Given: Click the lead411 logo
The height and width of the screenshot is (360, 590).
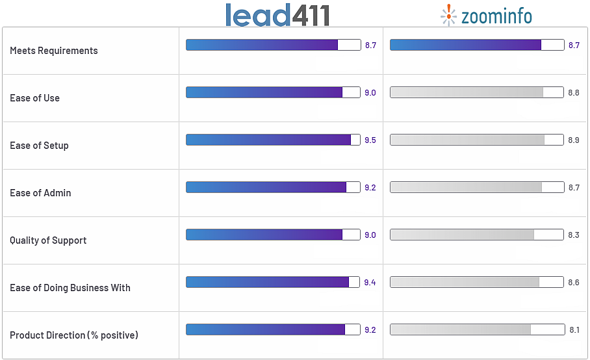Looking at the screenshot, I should (x=277, y=15).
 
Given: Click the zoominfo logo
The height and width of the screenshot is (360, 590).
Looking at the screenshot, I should (x=486, y=15).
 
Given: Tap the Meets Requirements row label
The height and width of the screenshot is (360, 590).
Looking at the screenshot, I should (x=54, y=51).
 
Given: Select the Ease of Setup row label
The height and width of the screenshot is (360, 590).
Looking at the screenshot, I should (x=39, y=146).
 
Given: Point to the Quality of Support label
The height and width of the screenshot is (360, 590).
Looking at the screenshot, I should (x=48, y=240).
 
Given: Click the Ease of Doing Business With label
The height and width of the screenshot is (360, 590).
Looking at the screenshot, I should (x=70, y=288).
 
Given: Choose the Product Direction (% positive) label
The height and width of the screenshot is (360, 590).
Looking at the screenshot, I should (x=74, y=335).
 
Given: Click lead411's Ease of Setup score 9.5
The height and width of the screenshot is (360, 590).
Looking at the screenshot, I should (x=370, y=140).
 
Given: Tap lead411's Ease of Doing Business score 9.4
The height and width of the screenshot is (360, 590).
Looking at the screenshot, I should (x=370, y=283).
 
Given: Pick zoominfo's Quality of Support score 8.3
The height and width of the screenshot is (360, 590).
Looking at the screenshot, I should (x=573, y=235).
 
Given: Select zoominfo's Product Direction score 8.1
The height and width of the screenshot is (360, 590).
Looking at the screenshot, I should (x=574, y=330).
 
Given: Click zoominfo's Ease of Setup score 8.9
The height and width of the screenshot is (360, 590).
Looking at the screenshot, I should (x=573, y=140).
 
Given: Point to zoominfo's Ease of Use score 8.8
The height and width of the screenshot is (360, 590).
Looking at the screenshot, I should (x=573, y=93).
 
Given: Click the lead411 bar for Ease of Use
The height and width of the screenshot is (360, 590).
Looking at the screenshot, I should (x=273, y=92).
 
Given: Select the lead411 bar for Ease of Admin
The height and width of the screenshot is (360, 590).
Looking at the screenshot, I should (x=273, y=187).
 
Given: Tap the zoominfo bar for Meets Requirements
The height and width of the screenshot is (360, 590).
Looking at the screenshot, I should (x=477, y=45).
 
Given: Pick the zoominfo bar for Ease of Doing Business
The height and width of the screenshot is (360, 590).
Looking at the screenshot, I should (x=477, y=282).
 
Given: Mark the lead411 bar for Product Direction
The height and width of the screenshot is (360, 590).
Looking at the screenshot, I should (x=273, y=329).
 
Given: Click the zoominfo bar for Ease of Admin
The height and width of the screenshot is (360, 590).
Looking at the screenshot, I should (x=477, y=187).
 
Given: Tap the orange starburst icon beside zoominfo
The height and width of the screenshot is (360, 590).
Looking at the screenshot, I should (x=448, y=15).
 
